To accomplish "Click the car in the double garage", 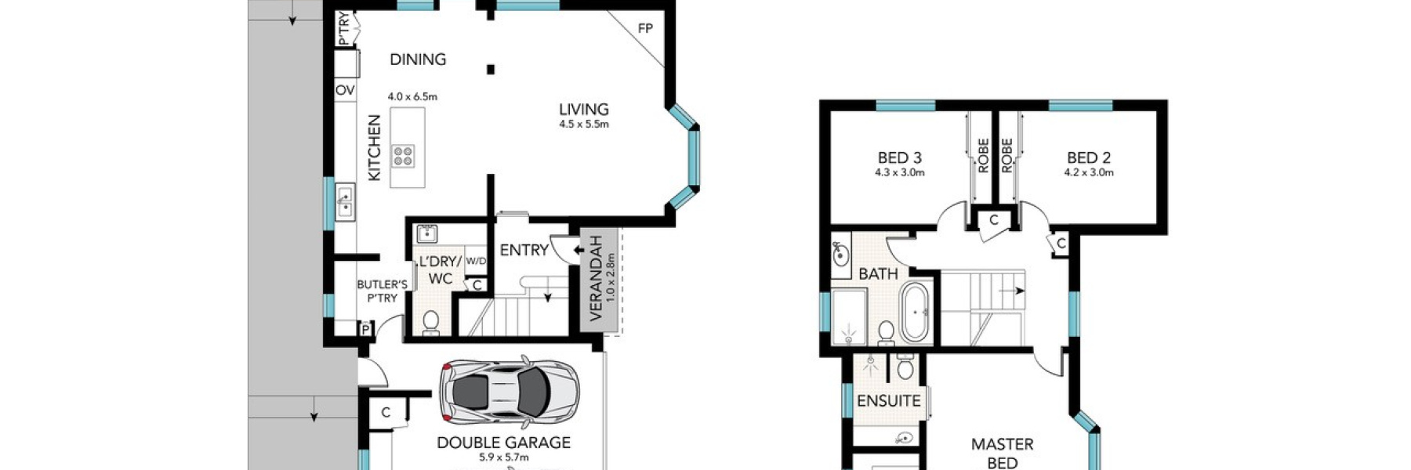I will pyautogui.click(x=509, y=392).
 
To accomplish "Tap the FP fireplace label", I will pyautogui.click(x=644, y=29).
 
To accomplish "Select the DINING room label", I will pyautogui.click(x=418, y=60).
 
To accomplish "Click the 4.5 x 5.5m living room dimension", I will pyautogui.click(x=583, y=125).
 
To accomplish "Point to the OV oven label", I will pyautogui.click(x=345, y=91).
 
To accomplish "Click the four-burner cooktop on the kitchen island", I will pyautogui.click(x=404, y=156).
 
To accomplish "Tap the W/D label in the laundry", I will pyautogui.click(x=475, y=261).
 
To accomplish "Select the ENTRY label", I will pyautogui.click(x=524, y=251).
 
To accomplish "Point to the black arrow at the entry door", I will pyautogui.click(x=579, y=251).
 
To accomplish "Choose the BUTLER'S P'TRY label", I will pyautogui.click(x=382, y=291).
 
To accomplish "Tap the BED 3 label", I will pyautogui.click(x=899, y=158).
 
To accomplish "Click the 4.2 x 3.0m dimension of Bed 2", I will pyautogui.click(x=1088, y=173).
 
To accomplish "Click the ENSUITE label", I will pyautogui.click(x=888, y=401).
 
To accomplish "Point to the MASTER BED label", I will pyautogui.click(x=1002, y=454).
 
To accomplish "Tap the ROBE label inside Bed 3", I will pyautogui.click(x=983, y=156).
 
